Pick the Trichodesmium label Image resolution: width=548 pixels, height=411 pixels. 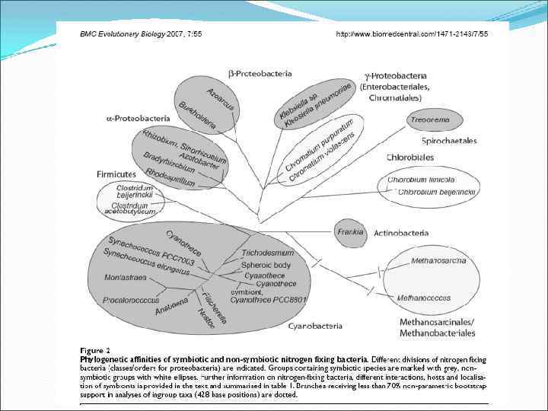click(x=268, y=252)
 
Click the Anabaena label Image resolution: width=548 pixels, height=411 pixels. click(x=172, y=310)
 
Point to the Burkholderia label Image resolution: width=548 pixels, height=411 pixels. click(x=197, y=114)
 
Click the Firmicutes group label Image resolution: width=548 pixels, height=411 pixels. click(x=116, y=174)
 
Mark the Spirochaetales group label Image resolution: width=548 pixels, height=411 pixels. click(x=449, y=141)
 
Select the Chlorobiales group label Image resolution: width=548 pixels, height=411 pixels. click(x=410, y=158)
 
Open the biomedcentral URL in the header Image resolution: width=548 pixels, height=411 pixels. click(x=412, y=34)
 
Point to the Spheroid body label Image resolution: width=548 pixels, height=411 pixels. click(x=266, y=264)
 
